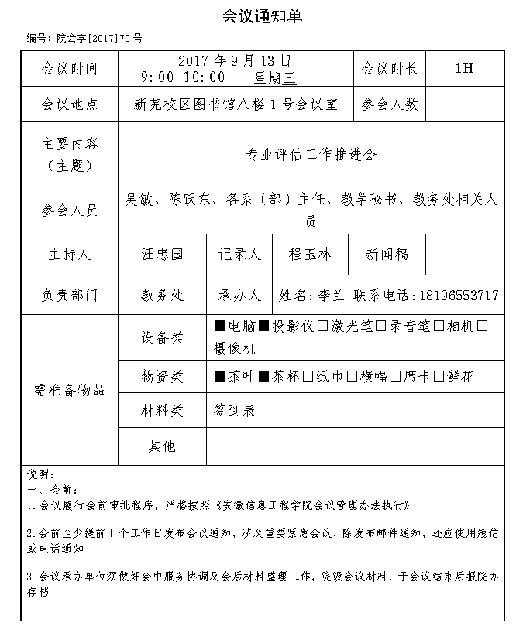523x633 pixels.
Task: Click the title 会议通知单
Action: [261, 15]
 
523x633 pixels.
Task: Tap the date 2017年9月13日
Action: [235, 60]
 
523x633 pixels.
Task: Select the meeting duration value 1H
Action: [464, 69]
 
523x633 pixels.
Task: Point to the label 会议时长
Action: [389, 69]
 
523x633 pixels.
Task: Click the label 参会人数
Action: [389, 104]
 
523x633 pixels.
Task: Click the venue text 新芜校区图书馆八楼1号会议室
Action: [236, 104]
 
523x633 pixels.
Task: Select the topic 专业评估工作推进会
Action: [311, 155]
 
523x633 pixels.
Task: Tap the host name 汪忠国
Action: [162, 254]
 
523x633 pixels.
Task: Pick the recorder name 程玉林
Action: [309, 254]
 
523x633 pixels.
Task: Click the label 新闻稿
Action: [387, 254]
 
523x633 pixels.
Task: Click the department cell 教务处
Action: [162, 296]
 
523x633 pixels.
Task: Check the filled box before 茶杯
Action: [263, 377]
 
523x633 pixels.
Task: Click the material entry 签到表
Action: [234, 411]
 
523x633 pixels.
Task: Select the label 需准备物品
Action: [69, 389]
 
